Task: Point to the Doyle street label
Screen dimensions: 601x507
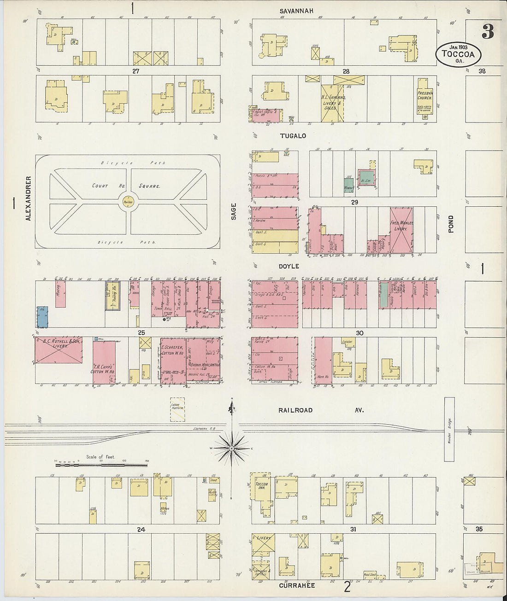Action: pos(289,266)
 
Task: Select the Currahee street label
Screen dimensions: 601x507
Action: pos(297,585)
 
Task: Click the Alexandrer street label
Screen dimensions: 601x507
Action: pos(28,198)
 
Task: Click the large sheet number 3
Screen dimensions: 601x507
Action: pos(488,32)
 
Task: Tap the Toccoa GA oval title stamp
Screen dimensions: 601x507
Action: pos(459,54)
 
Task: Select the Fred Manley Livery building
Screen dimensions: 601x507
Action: pos(401,230)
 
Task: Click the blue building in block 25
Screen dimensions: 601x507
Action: pos(42,317)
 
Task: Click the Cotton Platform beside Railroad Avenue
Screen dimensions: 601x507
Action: pos(177,409)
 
